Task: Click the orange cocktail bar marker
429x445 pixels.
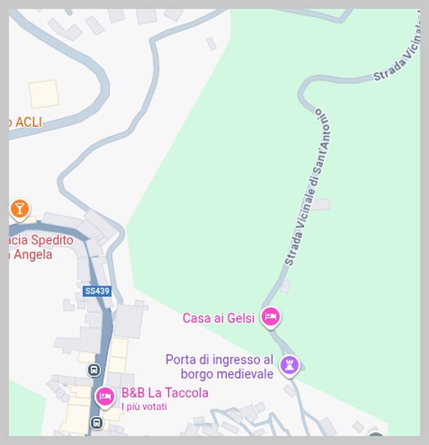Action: click(x=20, y=209)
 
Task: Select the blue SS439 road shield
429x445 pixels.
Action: click(x=97, y=291)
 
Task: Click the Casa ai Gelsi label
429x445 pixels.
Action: click(x=218, y=318)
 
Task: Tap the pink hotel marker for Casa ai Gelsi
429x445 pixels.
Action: click(x=270, y=317)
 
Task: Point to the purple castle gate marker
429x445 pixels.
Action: click(x=289, y=364)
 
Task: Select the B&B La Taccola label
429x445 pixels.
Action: click(x=164, y=393)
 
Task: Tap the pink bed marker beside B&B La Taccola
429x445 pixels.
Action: click(x=105, y=396)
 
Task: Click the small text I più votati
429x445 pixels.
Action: click(x=144, y=407)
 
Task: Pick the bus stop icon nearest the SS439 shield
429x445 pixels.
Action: click(x=94, y=370)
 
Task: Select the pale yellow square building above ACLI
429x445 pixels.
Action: click(x=44, y=94)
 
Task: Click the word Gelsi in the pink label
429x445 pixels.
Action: click(x=241, y=318)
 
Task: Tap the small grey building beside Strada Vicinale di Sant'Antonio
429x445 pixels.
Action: click(x=320, y=205)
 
